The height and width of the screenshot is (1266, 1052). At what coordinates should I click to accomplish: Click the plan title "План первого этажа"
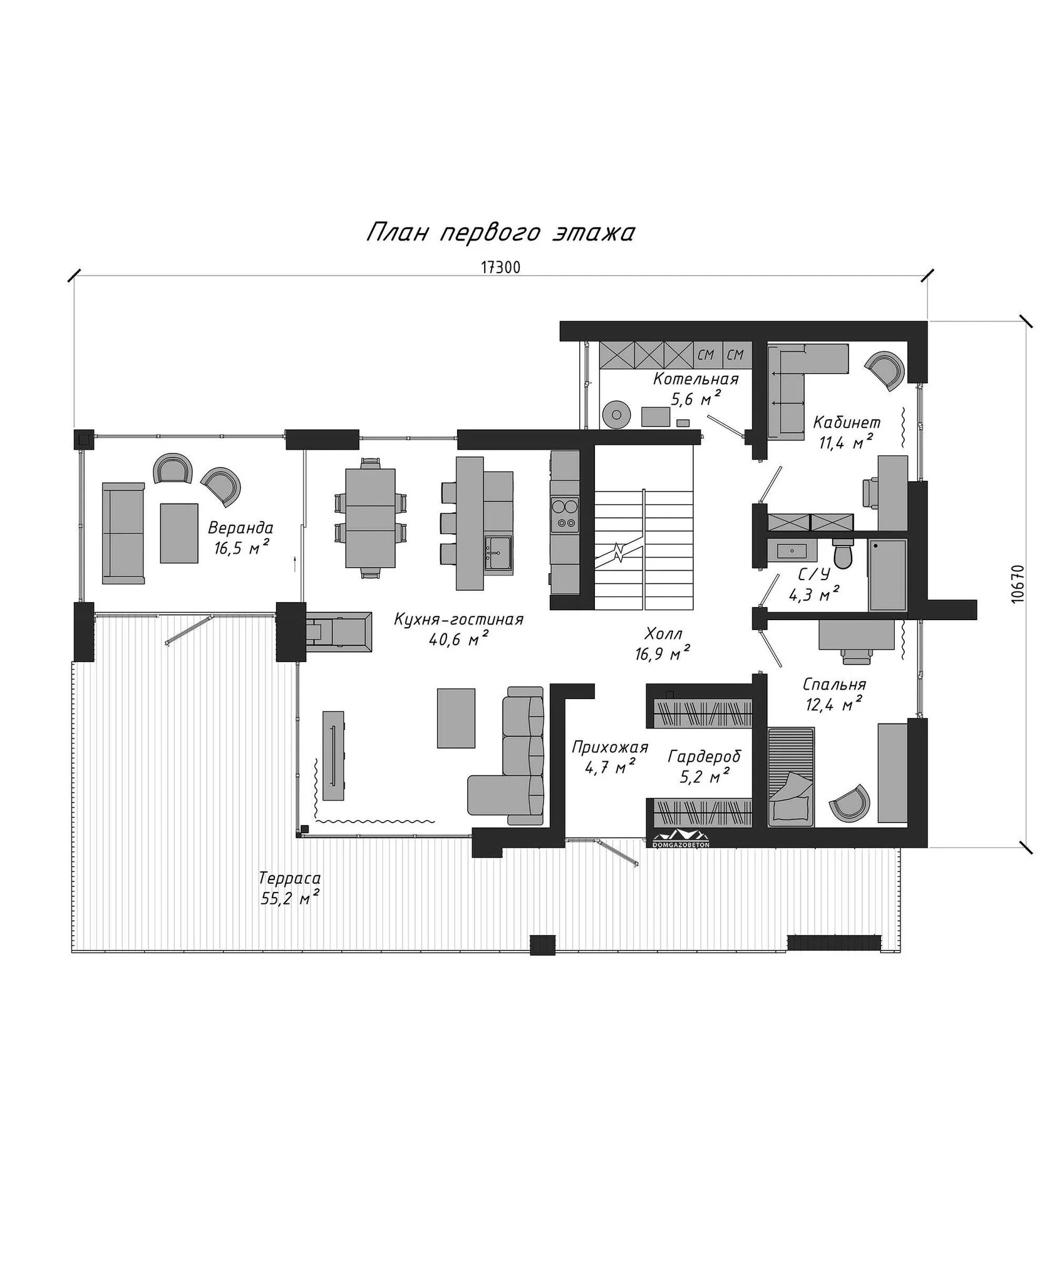click(x=500, y=232)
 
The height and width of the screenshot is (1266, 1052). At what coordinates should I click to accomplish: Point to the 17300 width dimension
click(x=501, y=267)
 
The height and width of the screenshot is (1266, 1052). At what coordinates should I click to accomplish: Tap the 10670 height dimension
click(x=1018, y=584)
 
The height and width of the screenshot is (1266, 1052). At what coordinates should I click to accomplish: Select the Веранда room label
click(x=240, y=527)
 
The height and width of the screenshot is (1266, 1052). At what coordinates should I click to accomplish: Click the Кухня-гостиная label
click(x=458, y=620)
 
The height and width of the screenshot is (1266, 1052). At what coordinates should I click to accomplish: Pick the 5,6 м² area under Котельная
click(x=696, y=398)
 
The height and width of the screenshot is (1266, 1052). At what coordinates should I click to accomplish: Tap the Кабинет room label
click(x=847, y=423)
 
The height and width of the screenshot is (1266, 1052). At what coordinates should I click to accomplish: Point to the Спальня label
click(x=833, y=685)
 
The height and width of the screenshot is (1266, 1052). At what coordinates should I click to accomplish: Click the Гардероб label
click(x=704, y=757)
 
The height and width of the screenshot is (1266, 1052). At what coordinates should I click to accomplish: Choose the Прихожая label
click(x=610, y=747)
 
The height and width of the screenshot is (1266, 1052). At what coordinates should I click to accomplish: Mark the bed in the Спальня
click(x=792, y=777)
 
